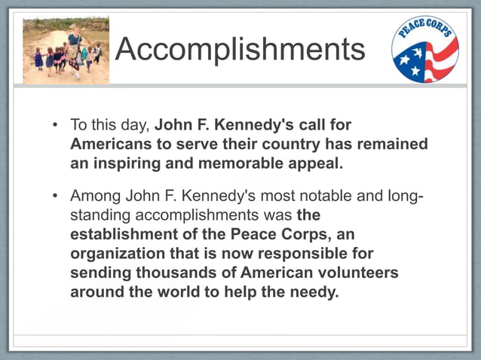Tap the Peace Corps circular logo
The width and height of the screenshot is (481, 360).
click(x=424, y=49)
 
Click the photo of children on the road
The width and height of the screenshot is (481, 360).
click(x=66, y=50)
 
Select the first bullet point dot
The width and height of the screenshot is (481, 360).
click(x=55, y=124)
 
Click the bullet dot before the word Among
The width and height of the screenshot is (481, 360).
click(x=55, y=197)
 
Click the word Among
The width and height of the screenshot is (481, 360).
click(x=95, y=197)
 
